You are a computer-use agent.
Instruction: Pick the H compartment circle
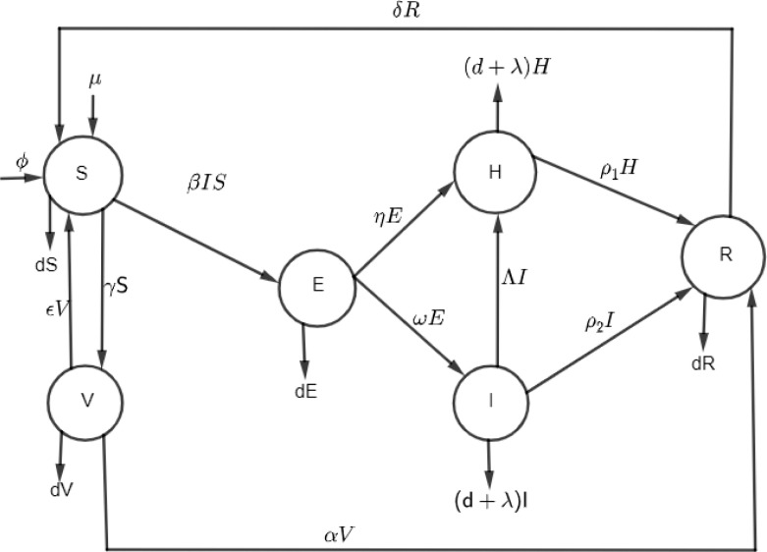494,169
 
